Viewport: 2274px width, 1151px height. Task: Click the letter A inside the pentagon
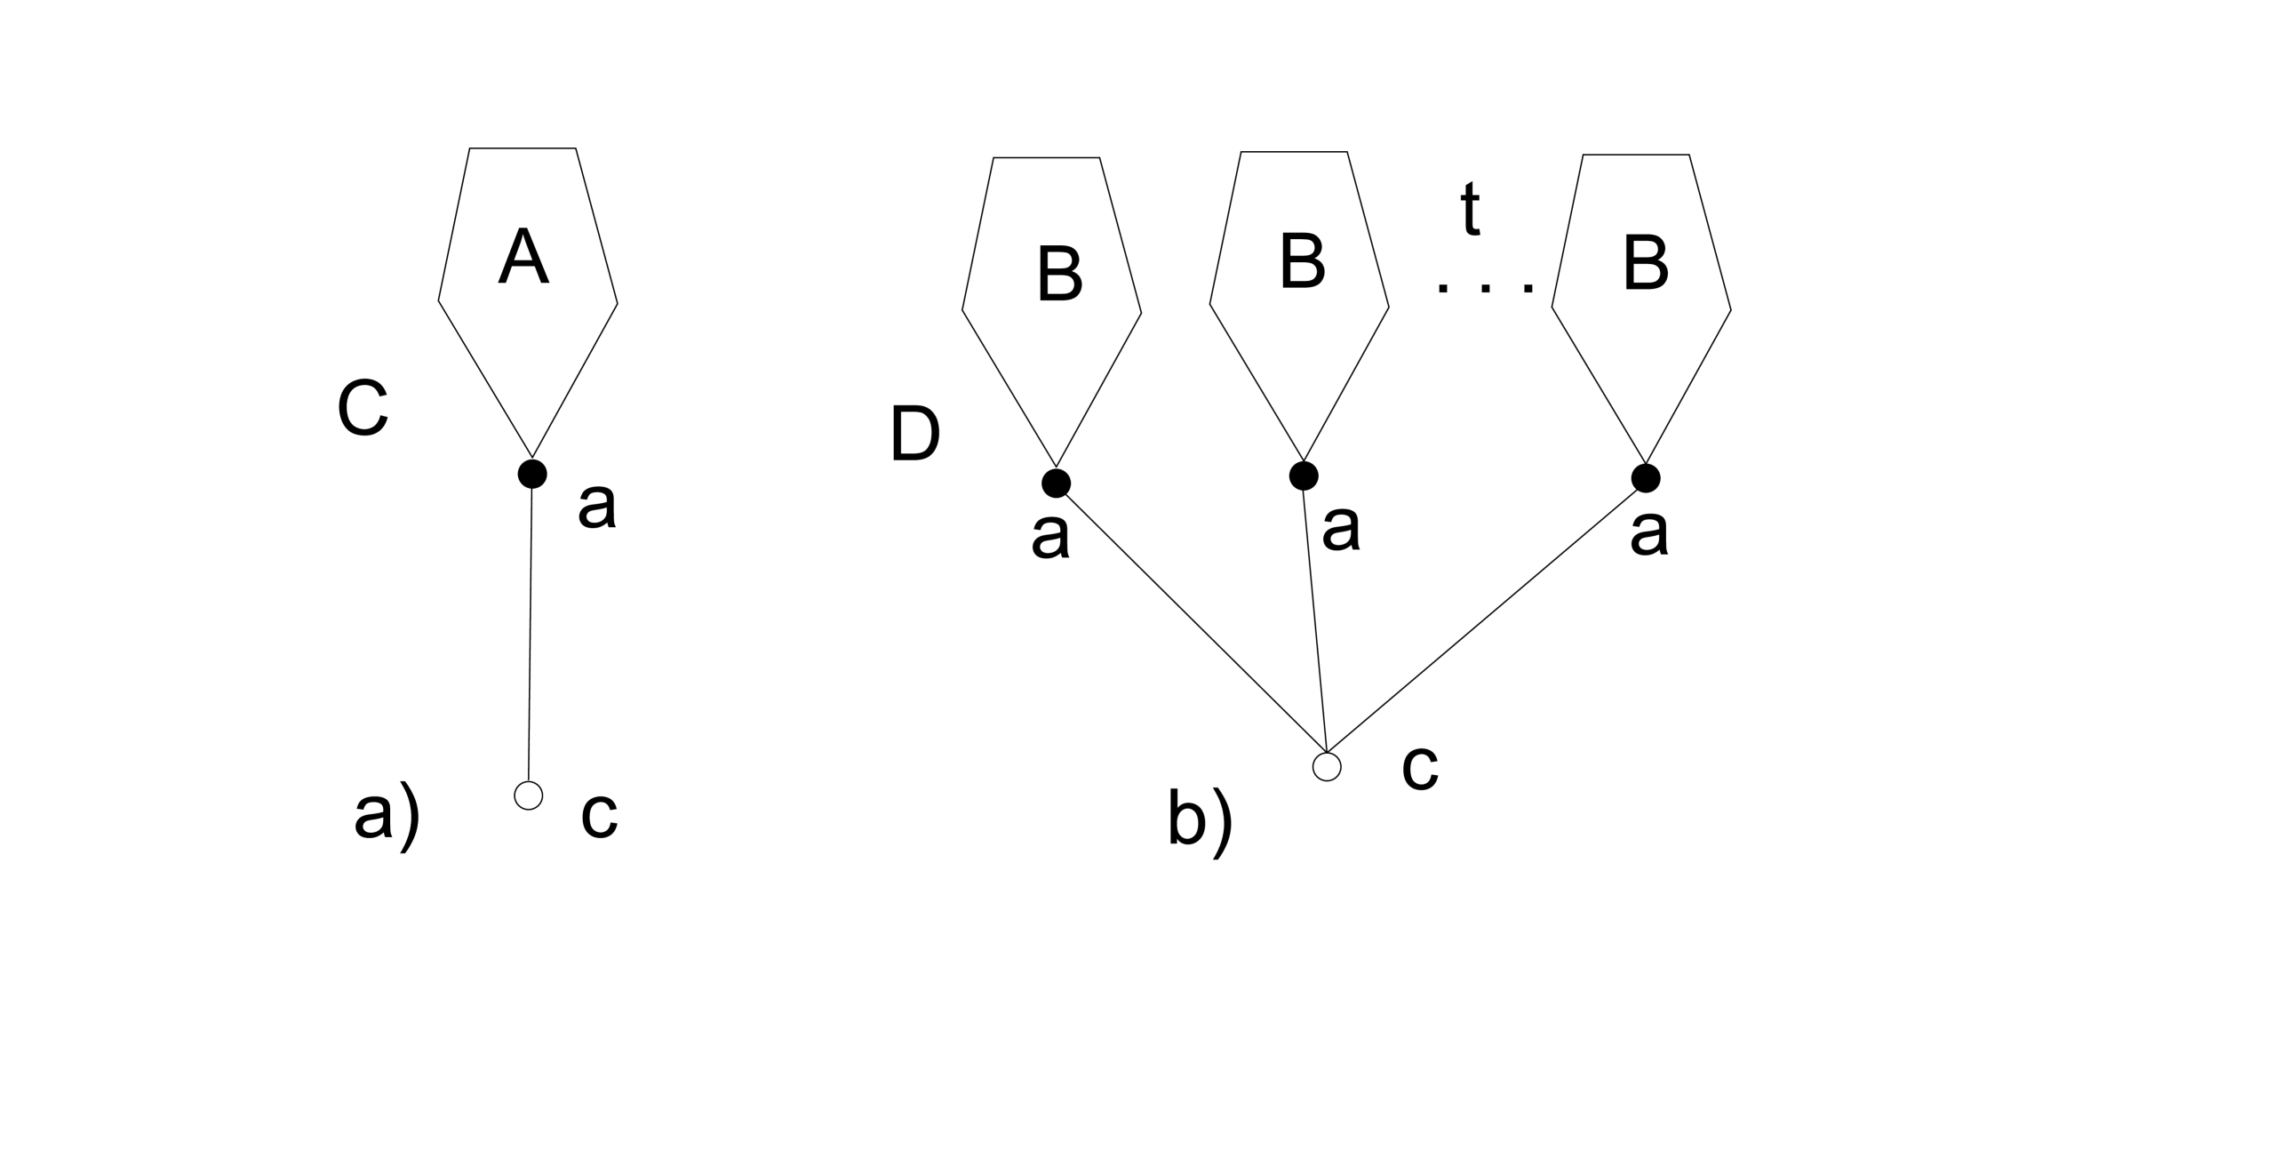pyautogui.click(x=523, y=256)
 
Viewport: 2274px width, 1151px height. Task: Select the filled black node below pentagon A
pyautogui.click(x=531, y=474)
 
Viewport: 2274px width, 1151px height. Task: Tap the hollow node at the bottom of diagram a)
pyautogui.click(x=528, y=795)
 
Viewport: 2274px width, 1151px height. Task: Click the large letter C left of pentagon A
pyautogui.click(x=363, y=409)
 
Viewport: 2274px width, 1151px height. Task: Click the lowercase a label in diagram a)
pyautogui.click(x=596, y=507)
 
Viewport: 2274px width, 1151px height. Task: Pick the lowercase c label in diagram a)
pyautogui.click(x=599, y=815)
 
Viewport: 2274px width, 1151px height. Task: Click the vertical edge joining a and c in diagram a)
pyautogui.click(x=530, y=631)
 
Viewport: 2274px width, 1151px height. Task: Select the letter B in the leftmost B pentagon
pyautogui.click(x=1059, y=274)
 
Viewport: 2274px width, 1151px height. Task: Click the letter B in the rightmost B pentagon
pyautogui.click(x=1645, y=264)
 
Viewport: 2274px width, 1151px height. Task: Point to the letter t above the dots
pyautogui.click(x=1471, y=210)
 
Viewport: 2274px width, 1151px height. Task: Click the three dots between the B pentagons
pyautogui.click(x=1485, y=287)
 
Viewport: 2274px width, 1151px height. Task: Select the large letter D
pyautogui.click(x=914, y=436)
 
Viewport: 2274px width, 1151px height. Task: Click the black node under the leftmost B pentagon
pyautogui.click(x=1056, y=483)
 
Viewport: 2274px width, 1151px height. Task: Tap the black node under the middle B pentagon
pyautogui.click(x=1303, y=476)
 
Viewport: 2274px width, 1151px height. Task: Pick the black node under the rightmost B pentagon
pyautogui.click(x=1646, y=478)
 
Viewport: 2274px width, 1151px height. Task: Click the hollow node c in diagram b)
pyautogui.click(x=1326, y=766)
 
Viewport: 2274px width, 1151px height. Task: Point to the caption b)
pyautogui.click(x=1200, y=822)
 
